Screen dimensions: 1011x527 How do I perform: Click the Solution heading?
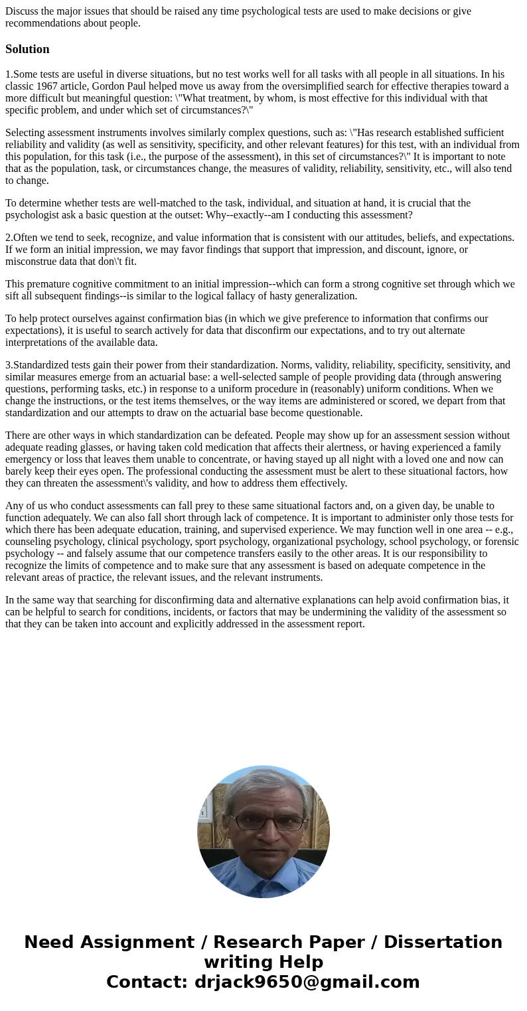[27, 49]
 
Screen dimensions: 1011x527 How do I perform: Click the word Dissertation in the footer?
[443, 943]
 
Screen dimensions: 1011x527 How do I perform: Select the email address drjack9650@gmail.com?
[307, 982]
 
